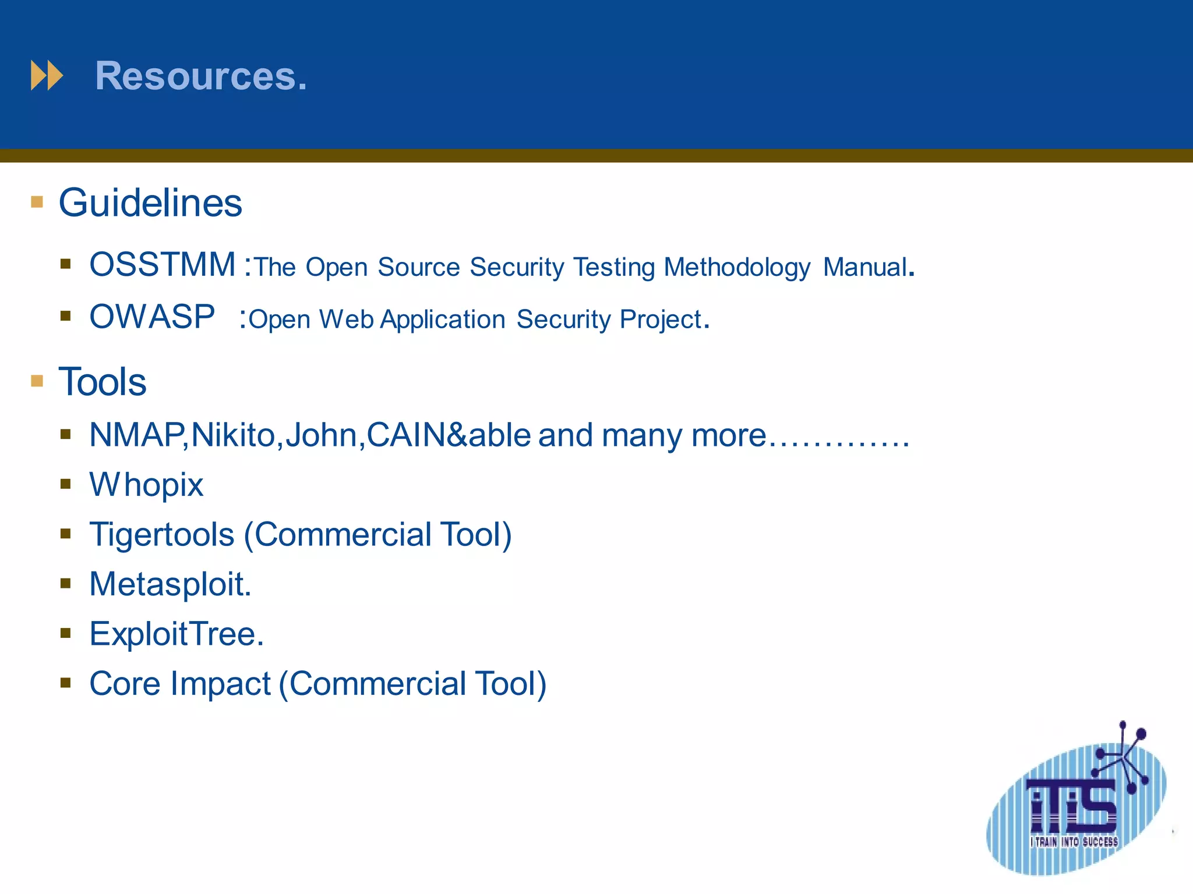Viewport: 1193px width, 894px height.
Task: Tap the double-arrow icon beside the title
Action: [47, 76]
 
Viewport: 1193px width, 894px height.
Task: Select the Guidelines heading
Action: [150, 203]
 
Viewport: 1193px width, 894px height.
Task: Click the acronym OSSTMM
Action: [163, 265]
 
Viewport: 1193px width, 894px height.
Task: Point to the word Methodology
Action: [737, 268]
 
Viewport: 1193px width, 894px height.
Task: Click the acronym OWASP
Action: [152, 317]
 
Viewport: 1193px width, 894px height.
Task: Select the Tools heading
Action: [103, 382]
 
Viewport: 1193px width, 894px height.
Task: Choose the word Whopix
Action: [146, 485]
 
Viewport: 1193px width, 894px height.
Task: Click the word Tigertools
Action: [162, 534]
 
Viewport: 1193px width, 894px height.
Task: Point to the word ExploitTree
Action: [175, 634]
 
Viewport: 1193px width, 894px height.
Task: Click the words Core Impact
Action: [180, 683]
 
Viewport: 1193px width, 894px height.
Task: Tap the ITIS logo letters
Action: [1072, 806]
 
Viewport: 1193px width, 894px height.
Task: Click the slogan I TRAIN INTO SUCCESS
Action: [1074, 842]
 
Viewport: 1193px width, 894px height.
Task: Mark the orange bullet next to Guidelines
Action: [37, 202]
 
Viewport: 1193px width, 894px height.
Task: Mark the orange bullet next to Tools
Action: [37, 381]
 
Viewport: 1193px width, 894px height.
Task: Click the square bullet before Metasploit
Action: [65, 583]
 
